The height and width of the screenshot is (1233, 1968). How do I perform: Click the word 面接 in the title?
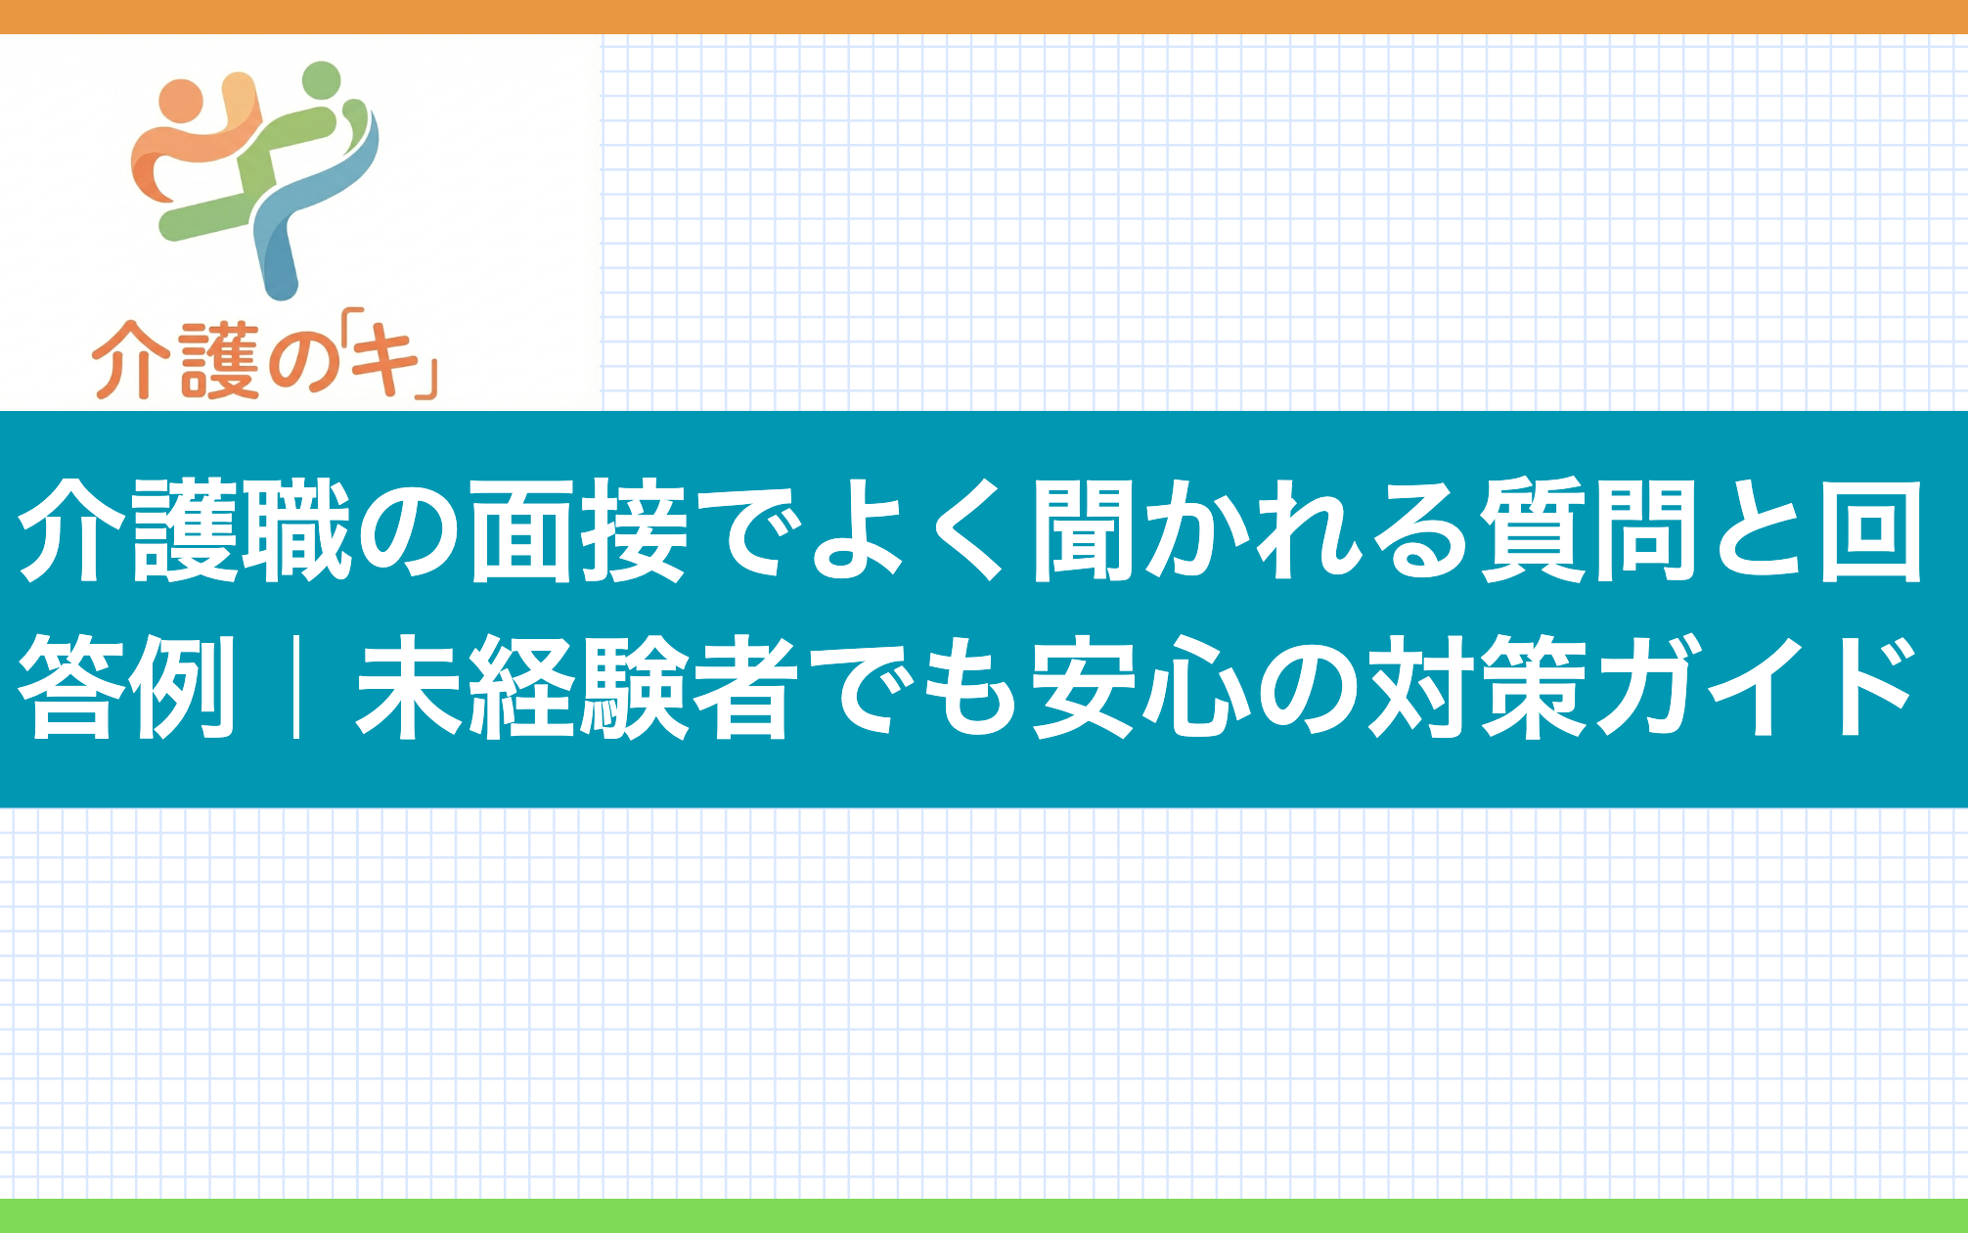579,530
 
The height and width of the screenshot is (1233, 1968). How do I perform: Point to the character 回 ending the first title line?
1870,530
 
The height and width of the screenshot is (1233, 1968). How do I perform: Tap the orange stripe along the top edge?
984,17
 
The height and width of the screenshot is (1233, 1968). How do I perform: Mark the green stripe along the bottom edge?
984,1215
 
